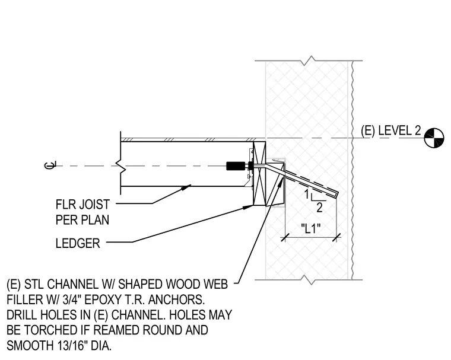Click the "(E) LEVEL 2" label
click(x=390, y=130)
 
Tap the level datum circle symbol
click(x=434, y=138)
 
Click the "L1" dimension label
click(x=310, y=228)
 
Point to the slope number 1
click(x=307, y=195)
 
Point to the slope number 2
click(x=319, y=208)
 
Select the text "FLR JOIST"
click(x=82, y=205)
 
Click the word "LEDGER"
click(x=78, y=243)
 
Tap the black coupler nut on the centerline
click(x=236, y=166)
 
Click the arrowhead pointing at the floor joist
click(x=186, y=187)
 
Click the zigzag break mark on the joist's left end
click(x=121, y=166)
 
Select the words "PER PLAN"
click(x=82, y=220)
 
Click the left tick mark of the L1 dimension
click(x=285, y=237)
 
